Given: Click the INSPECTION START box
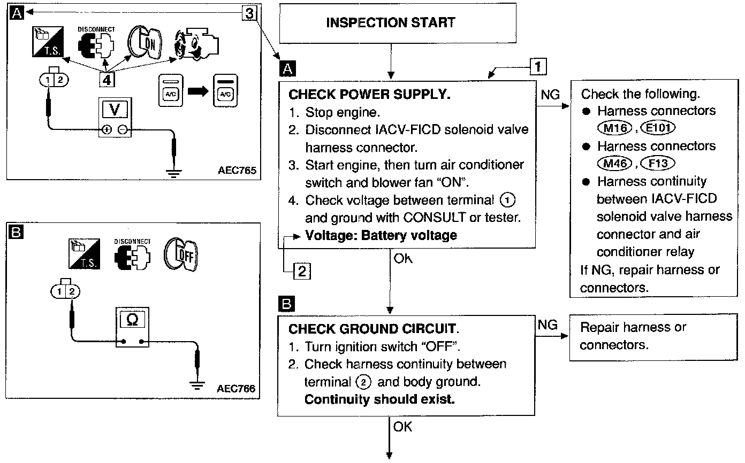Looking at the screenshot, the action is (398, 23).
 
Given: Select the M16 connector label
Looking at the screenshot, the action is (614, 128).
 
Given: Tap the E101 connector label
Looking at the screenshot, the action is (658, 128).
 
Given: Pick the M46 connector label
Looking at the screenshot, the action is (614, 164).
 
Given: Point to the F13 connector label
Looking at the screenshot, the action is (658, 164).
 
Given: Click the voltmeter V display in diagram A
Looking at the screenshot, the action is (115, 110).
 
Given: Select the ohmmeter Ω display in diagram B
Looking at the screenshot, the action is (132, 320).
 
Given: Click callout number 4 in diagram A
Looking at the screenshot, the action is (107, 80).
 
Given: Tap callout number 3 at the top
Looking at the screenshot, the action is (249, 13).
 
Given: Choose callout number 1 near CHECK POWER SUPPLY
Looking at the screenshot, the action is (538, 66).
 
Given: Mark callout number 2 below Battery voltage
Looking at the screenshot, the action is (302, 272).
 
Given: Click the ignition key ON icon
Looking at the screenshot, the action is (145, 43).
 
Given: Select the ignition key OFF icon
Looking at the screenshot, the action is (181, 254).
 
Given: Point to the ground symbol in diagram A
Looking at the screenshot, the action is (174, 173).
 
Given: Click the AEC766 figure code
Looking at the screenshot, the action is (236, 389).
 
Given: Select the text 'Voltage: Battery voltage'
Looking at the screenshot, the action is (381, 235).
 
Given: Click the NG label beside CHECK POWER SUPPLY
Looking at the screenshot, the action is (550, 95).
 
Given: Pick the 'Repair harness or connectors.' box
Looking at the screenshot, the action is (653, 337).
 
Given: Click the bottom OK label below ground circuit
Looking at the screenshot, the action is (402, 427).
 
